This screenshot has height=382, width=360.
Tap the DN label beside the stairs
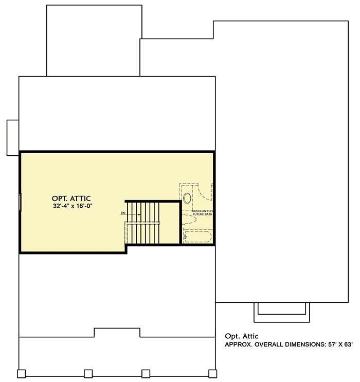pyautogui.click(x=123, y=212)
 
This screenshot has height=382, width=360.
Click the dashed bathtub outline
pyautogui.click(x=196, y=238)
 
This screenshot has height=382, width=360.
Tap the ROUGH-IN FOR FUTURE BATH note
pyautogui.click(x=202, y=212)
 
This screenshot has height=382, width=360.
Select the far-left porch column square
pyautogui.click(x=21, y=373)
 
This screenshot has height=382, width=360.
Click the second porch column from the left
pyautogui.click(x=88, y=373)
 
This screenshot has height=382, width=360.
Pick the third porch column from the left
pyautogui.click(x=146, y=373)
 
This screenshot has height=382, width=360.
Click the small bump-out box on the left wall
pyautogui.click(x=12, y=137)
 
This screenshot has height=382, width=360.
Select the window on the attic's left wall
pyautogui.click(x=21, y=202)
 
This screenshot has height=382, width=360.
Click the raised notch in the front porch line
pyautogui.click(x=117, y=333)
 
